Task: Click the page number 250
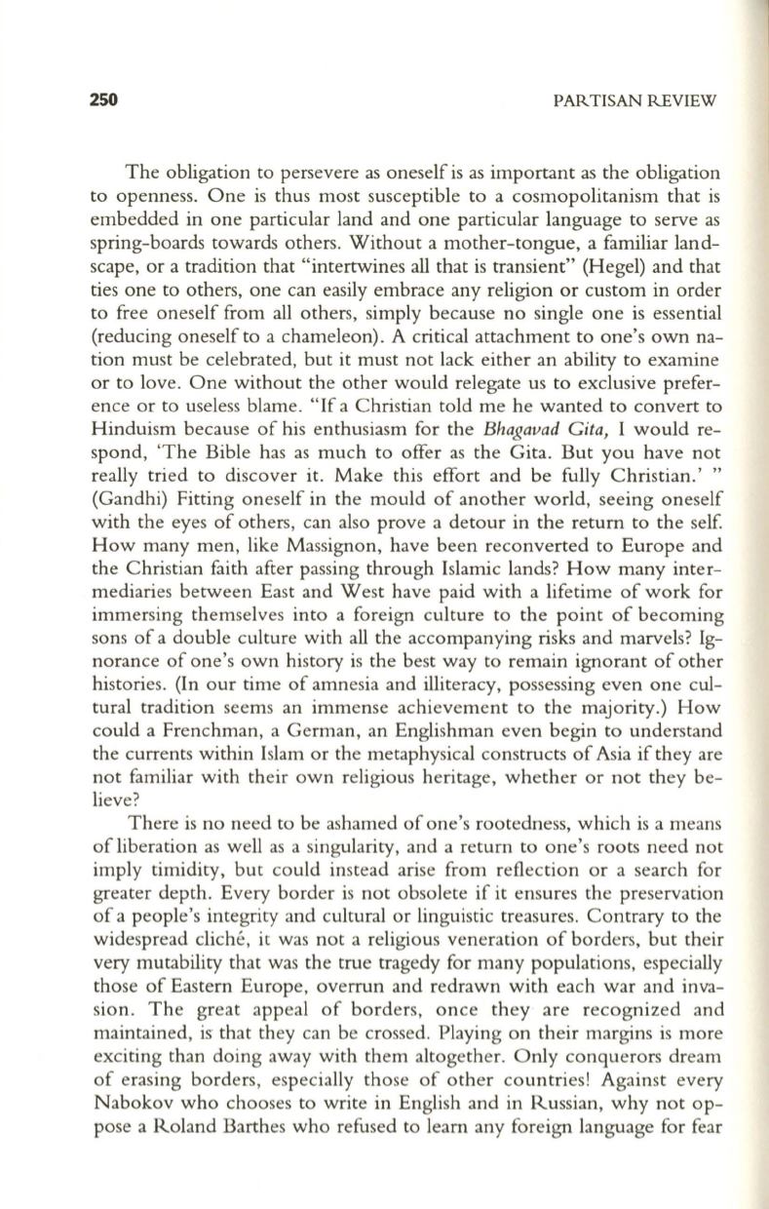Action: pyautogui.click(x=103, y=99)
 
